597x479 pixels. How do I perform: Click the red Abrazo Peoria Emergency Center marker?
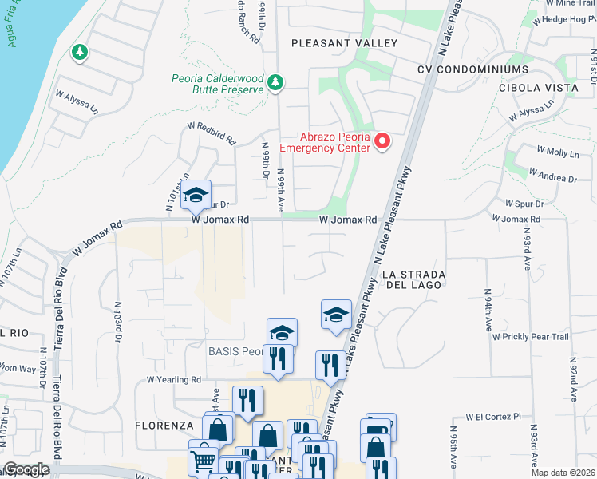[382, 141]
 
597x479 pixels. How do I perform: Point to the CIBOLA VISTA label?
[536, 87]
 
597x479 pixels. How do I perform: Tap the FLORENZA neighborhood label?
[164, 426]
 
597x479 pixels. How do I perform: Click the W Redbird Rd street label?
[212, 133]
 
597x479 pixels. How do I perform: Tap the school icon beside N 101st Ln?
[196, 192]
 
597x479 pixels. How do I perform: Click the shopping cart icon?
[203, 459]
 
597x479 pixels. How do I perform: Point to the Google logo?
[26, 469]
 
